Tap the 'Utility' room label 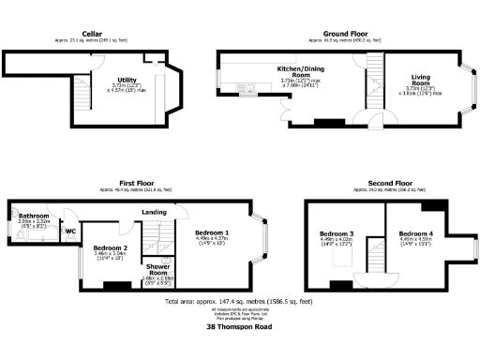(x=126, y=80)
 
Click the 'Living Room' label (x=427, y=82)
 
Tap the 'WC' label (x=69, y=230)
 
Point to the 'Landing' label (x=155, y=212)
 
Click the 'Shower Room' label (x=154, y=267)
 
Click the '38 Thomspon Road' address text (x=239, y=328)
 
